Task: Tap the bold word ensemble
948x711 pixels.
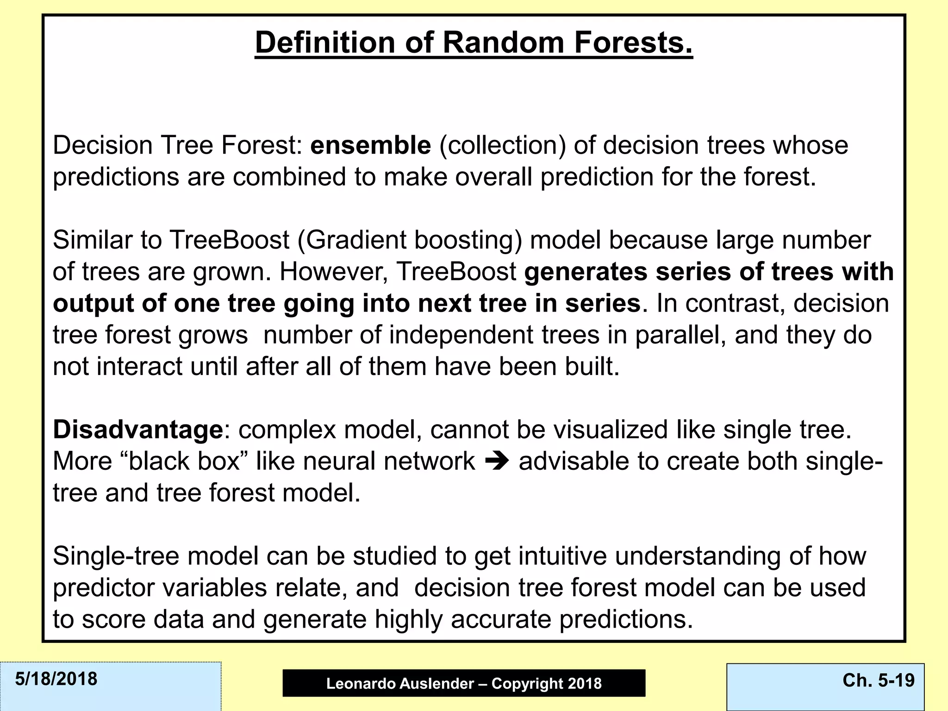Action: point(370,145)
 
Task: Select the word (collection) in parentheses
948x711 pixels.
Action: point(502,146)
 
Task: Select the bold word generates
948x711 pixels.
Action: point(585,272)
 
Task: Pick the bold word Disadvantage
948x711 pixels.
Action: point(138,430)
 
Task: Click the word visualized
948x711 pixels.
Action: point(611,430)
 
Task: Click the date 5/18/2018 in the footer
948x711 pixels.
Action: point(56,679)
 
